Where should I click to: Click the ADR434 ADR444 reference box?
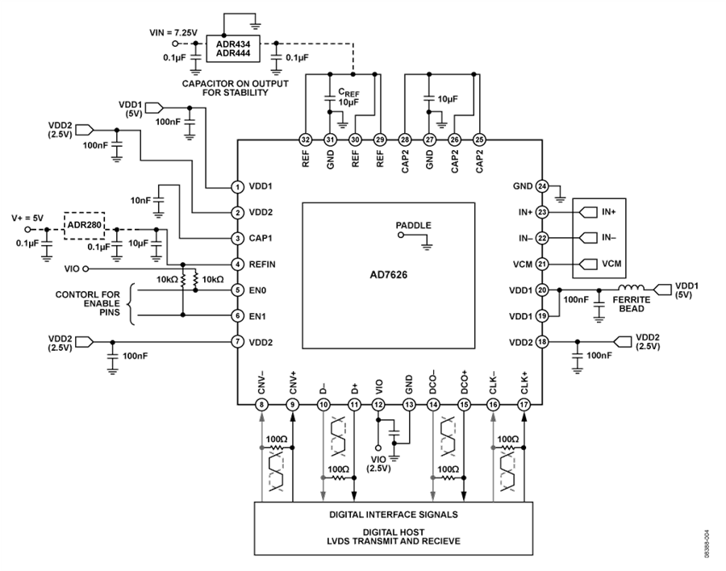(233, 48)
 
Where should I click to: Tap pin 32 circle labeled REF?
(305, 140)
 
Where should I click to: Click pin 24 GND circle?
(542, 186)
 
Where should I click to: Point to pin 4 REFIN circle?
(237, 265)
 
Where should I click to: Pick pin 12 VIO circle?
(378, 405)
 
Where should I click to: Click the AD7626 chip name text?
(389, 275)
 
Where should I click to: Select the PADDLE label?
(414, 226)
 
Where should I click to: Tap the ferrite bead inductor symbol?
(631, 287)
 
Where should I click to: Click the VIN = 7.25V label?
(173, 32)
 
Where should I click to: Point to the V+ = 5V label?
(27, 218)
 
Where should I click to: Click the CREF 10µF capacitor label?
(348, 98)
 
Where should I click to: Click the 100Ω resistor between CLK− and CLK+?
(508, 448)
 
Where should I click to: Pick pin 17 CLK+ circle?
(524, 405)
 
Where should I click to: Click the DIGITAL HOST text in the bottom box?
(393, 532)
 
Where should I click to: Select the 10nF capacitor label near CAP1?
(140, 201)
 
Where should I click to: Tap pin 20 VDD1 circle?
(542, 290)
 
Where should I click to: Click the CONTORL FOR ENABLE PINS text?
(87, 303)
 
